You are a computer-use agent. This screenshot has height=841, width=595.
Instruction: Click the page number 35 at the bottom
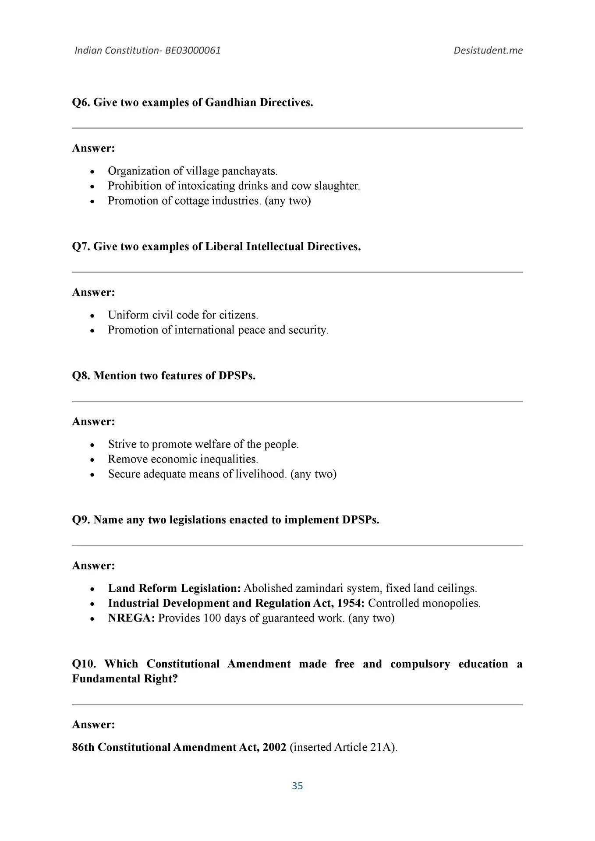point(297,786)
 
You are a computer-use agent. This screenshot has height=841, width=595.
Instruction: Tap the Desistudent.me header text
point(488,50)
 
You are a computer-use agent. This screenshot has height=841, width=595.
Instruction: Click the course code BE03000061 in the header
point(193,50)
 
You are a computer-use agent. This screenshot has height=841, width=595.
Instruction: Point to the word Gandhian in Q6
point(230,102)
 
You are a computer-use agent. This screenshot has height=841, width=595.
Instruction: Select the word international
point(204,330)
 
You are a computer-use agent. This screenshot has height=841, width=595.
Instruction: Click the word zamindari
point(319,588)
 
